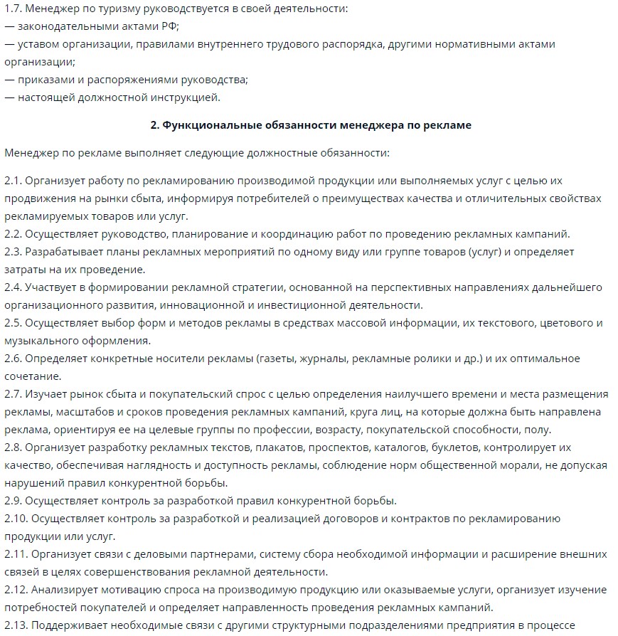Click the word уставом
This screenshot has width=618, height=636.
click(x=41, y=44)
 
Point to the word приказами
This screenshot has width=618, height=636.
click(x=46, y=80)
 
